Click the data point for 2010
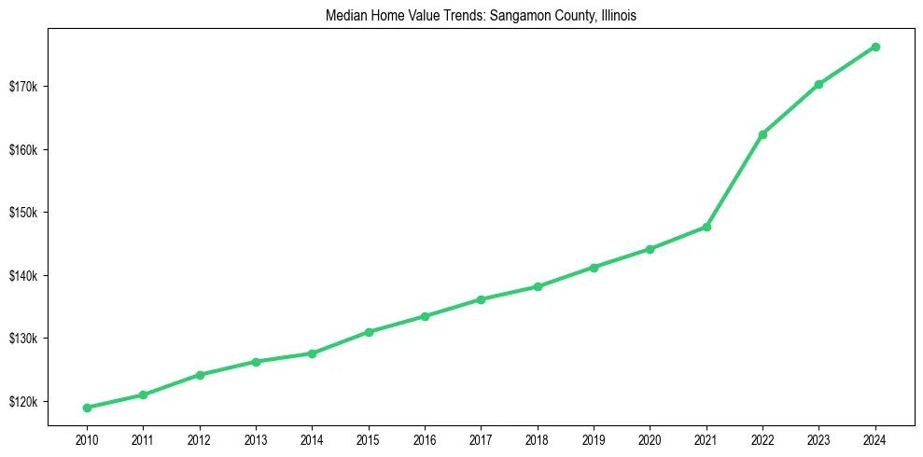click(x=87, y=408)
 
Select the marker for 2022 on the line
click(x=762, y=134)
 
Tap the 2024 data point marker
click(x=875, y=47)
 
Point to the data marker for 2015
click(x=369, y=332)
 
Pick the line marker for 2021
click(x=706, y=227)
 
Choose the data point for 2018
click(x=538, y=286)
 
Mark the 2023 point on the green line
click(x=818, y=84)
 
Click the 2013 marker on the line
click(x=256, y=361)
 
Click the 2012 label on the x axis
click(x=199, y=439)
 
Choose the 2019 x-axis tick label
click(x=594, y=439)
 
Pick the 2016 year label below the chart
click(x=425, y=439)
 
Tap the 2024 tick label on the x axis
click(x=875, y=439)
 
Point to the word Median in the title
click(x=346, y=16)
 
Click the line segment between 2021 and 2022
click(x=734, y=181)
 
